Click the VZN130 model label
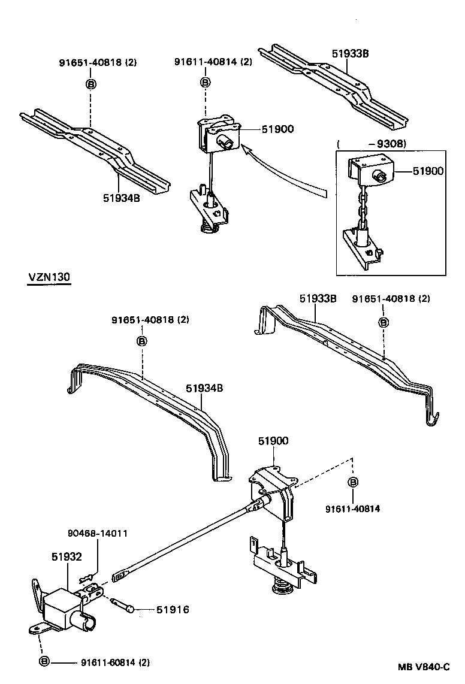[49, 277]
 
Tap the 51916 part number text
[173, 610]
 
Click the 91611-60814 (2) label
[115, 662]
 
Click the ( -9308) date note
[372, 144]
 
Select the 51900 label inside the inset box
[427, 171]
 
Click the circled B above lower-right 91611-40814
[353, 483]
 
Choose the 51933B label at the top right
[350, 53]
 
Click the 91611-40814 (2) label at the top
[213, 62]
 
